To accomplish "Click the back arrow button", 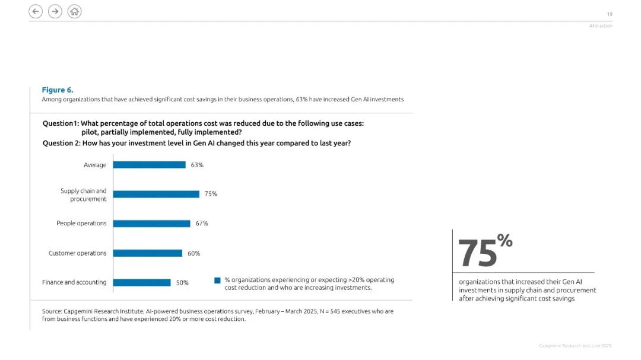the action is [36, 11].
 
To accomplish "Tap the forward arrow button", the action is [55, 11].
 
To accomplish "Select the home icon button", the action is [74, 11].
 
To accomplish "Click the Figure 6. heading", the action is [57, 90].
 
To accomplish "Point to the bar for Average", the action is [149, 165].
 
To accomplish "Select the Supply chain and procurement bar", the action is [156, 194].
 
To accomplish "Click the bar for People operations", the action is [152, 224].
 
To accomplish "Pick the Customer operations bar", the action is [148, 253].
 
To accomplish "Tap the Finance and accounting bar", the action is [142, 282].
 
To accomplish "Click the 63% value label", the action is [197, 165].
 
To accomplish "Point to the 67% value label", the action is [202, 224].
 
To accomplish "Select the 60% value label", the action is [193, 253].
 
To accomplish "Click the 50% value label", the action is [182, 283].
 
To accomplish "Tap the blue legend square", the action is [217, 281].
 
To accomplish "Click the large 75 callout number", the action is [477, 253].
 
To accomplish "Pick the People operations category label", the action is [81, 223].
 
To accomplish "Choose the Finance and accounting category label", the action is [74, 282].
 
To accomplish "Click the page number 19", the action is [610, 14].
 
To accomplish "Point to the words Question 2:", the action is [61, 144].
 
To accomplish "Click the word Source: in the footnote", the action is [52, 311].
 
